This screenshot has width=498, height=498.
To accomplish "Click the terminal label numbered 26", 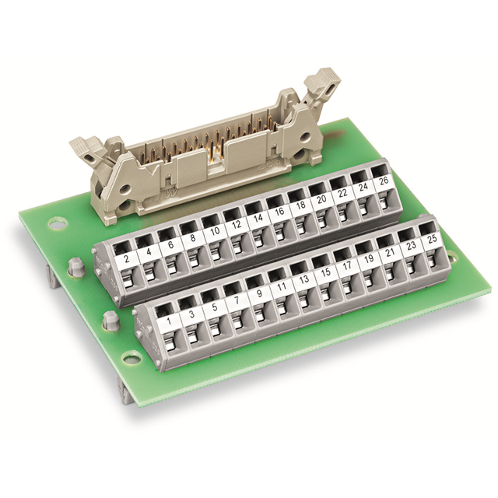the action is pyautogui.click(x=384, y=181).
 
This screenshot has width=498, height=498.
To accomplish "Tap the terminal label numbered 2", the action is pyautogui.click(x=127, y=259).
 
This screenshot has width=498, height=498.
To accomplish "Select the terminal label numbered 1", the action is pyautogui.click(x=169, y=321).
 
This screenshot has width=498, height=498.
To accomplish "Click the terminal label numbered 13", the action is pyautogui.click(x=304, y=279).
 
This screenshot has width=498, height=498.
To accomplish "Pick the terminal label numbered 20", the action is pyautogui.click(x=321, y=199).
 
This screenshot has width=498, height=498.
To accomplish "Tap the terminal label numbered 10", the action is pyautogui.click(x=215, y=232).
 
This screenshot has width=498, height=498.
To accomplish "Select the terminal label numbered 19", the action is pyautogui.click(x=369, y=259).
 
